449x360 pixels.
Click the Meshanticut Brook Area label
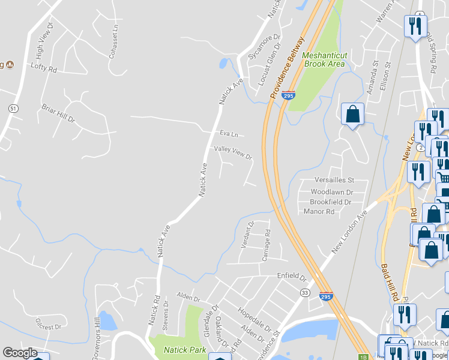pyautogui.click(x=324, y=59)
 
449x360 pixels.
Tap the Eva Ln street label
pyautogui.click(x=229, y=134)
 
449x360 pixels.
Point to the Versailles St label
pyautogui.click(x=335, y=180)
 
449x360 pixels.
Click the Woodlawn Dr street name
pyautogui.click(x=331, y=192)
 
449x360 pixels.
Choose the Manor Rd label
pyautogui.click(x=319, y=212)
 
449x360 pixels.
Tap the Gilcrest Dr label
pyautogui.click(x=49, y=327)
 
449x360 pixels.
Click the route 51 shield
pyautogui.click(x=13, y=108)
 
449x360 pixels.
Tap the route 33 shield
pyautogui.click(x=306, y=292)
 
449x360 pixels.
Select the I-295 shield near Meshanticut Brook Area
pyautogui.click(x=289, y=95)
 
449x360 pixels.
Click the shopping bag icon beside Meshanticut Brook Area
pyautogui.click(x=352, y=113)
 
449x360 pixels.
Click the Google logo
pyautogui.click(x=20, y=353)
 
